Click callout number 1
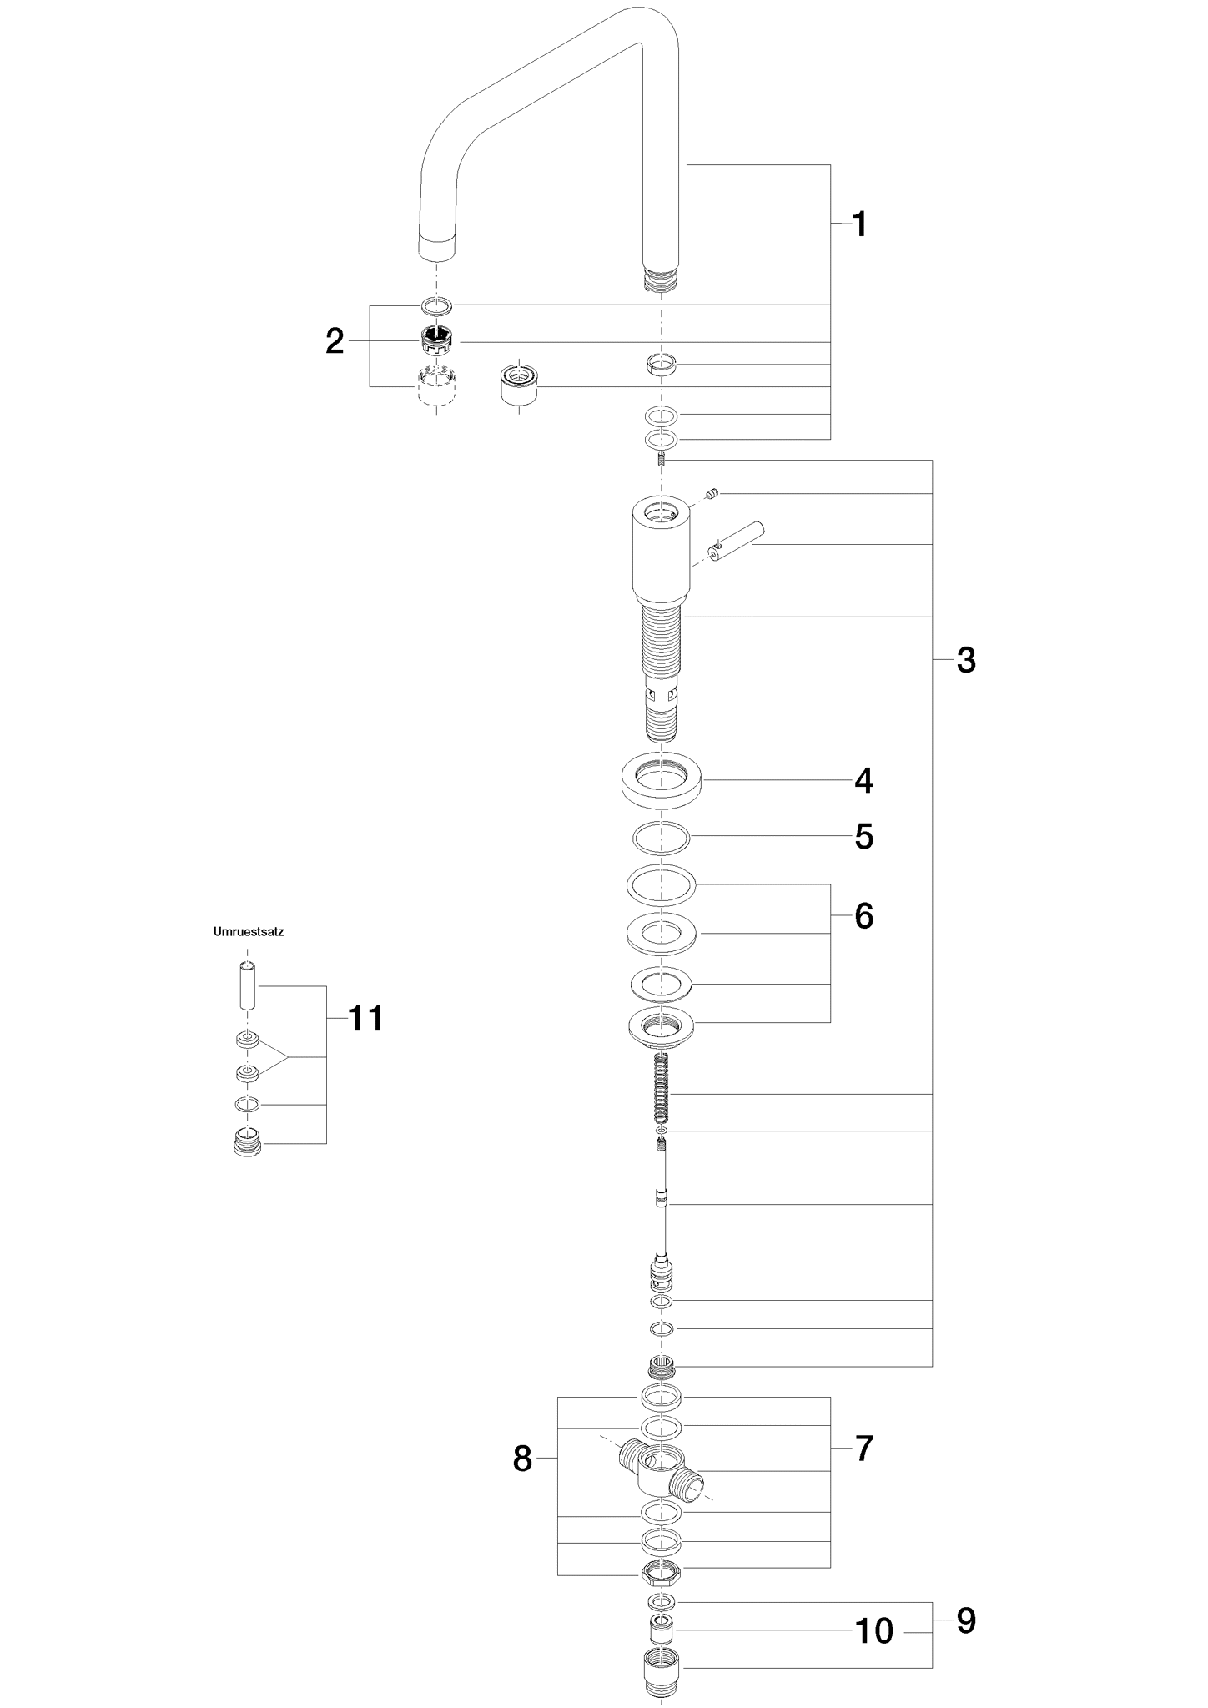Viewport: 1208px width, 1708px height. click(859, 224)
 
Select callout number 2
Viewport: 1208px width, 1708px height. click(335, 341)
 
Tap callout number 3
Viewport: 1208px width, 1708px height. click(965, 660)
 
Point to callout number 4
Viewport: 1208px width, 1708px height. click(863, 781)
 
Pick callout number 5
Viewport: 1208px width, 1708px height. click(863, 837)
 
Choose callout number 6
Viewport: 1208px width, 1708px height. click(863, 916)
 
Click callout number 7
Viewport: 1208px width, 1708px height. click(863, 1449)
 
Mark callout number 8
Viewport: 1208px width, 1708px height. click(522, 1459)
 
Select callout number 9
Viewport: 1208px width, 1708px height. click(965, 1620)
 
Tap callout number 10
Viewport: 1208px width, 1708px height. click(874, 1631)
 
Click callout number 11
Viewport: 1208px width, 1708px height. click(365, 1018)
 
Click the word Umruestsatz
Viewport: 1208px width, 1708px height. click(249, 932)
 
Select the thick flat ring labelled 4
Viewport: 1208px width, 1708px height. click(662, 780)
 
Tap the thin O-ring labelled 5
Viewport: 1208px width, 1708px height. click(662, 838)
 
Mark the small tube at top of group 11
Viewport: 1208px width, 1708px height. click(247, 985)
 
